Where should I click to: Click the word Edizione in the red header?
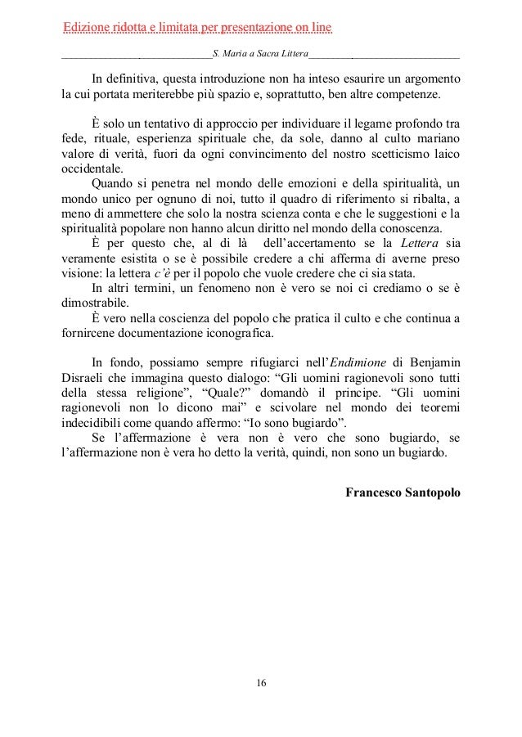pos(88,29)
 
